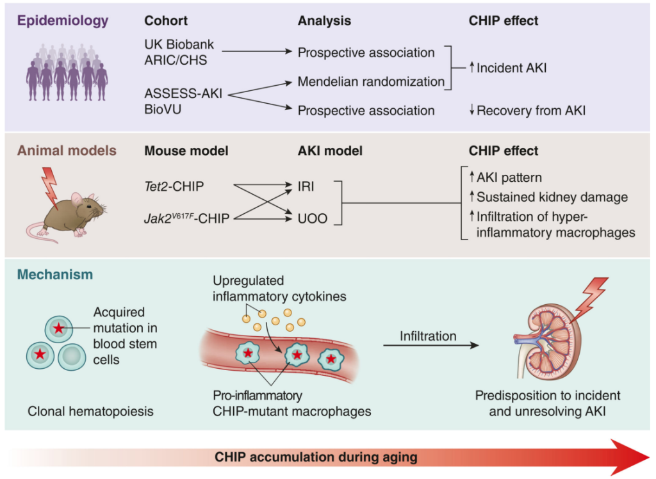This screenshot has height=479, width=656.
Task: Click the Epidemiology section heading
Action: pyautogui.click(x=63, y=20)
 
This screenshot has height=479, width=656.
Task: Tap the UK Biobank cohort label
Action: pyautogui.click(x=179, y=44)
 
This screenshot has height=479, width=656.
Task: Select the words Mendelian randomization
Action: pyautogui.click(x=371, y=81)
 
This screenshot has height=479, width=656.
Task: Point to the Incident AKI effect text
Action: pyautogui.click(x=508, y=68)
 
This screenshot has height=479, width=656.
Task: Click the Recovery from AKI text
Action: pyautogui.click(x=527, y=110)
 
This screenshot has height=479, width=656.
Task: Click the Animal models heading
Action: pyautogui.click(x=67, y=150)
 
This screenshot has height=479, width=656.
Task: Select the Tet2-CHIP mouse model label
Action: pyautogui.click(x=174, y=186)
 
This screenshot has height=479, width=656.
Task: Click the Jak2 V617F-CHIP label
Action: pyautogui.click(x=187, y=218)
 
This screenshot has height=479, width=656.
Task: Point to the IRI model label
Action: pyautogui.click(x=306, y=186)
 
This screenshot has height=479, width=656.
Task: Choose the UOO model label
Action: pyautogui.click(x=313, y=218)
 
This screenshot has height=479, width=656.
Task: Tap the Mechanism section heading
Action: pyautogui.click(x=55, y=275)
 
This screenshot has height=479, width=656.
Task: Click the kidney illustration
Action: pyautogui.click(x=548, y=341)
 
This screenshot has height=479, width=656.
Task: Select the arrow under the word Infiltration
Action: pyautogui.click(x=431, y=345)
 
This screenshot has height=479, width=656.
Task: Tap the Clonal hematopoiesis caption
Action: pyautogui.click(x=90, y=411)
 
